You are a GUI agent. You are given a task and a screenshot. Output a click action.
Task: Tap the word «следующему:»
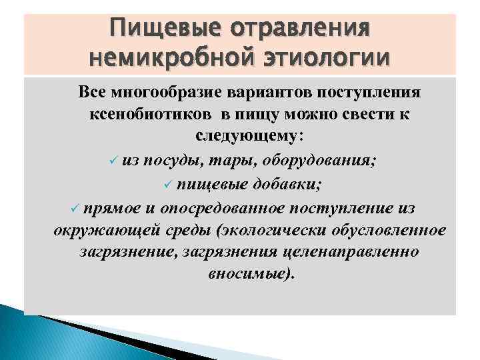250,135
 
